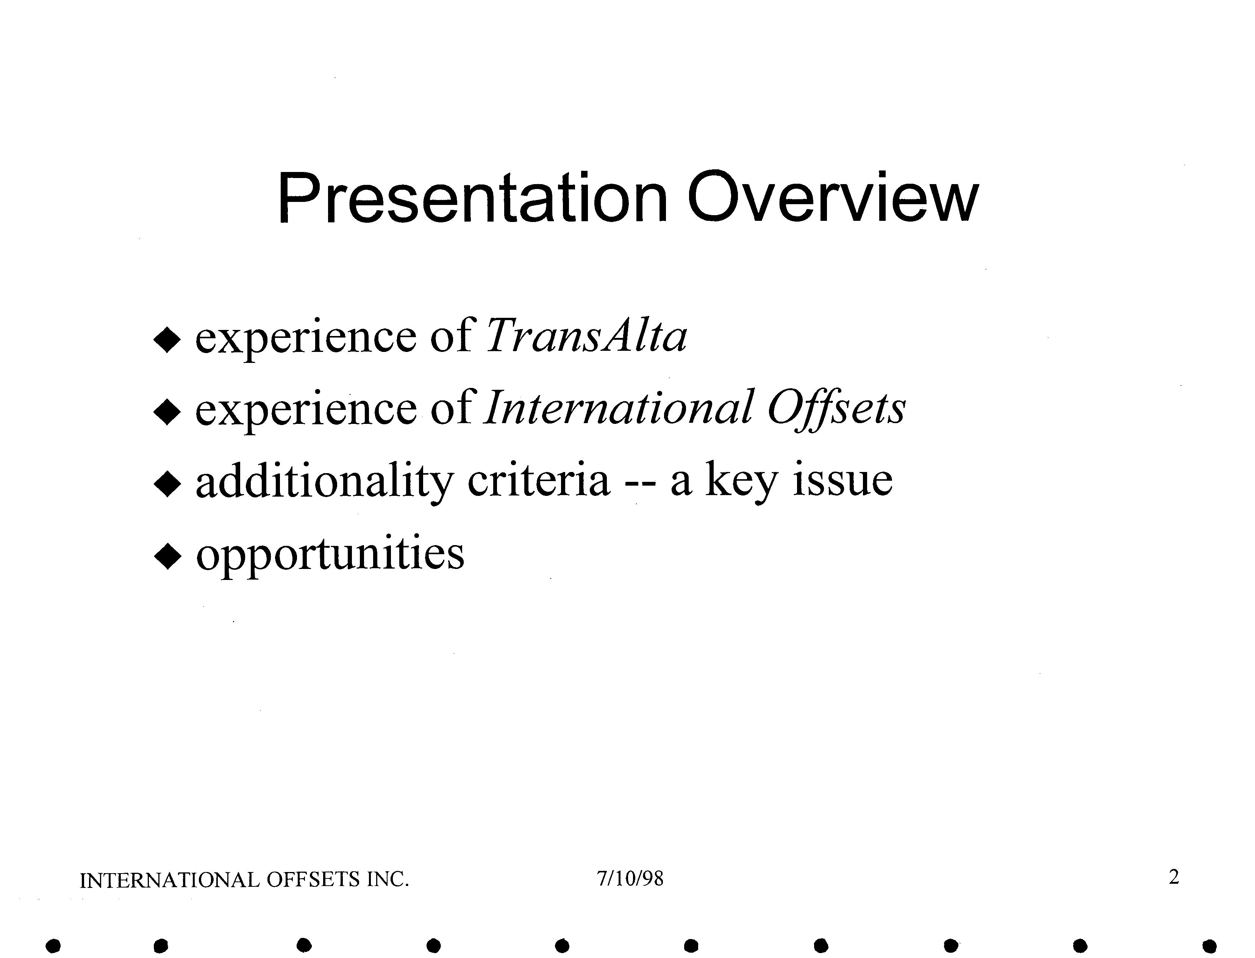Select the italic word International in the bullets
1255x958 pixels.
click(x=618, y=407)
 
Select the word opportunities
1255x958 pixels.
click(x=330, y=554)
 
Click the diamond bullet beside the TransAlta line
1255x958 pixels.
click(x=167, y=341)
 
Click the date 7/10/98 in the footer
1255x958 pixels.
click(x=630, y=879)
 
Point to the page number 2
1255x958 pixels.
click(x=1174, y=877)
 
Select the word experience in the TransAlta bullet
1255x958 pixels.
click(x=306, y=339)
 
